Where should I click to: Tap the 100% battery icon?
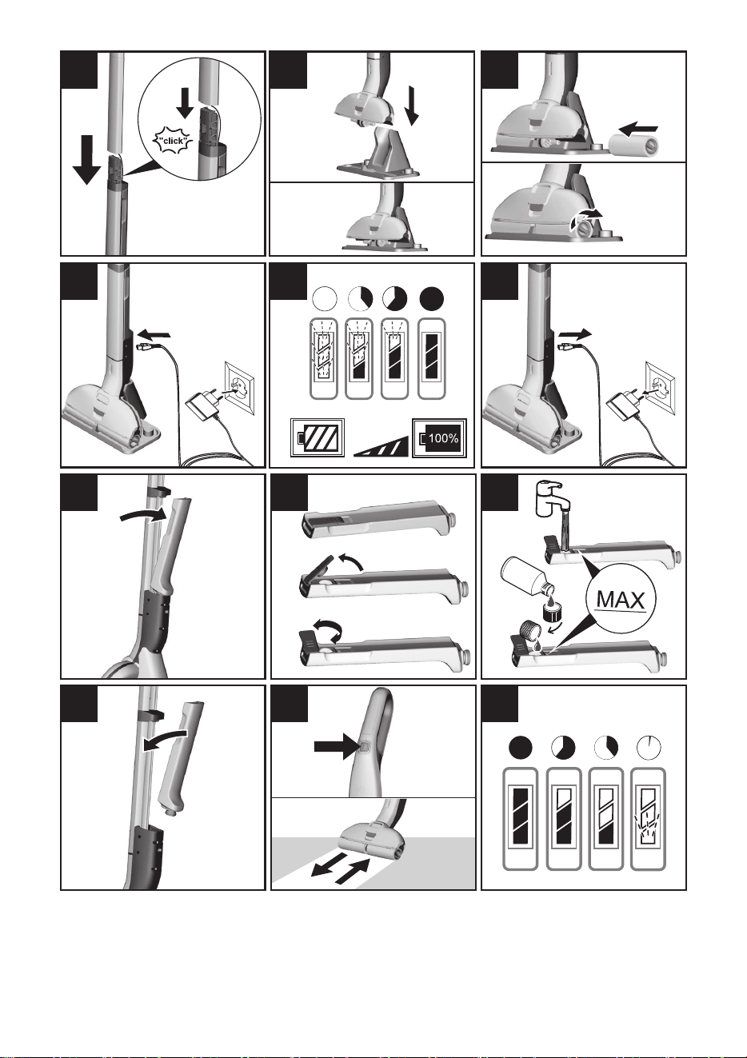(439, 438)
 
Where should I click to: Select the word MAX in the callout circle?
(621, 601)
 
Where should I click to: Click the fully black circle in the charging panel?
(432, 299)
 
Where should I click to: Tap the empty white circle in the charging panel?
(325, 299)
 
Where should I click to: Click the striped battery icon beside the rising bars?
(317, 438)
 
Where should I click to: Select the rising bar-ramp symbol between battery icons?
(381, 446)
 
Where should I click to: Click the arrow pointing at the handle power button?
(335, 746)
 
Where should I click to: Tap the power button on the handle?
(363, 746)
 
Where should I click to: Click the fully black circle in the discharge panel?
(521, 748)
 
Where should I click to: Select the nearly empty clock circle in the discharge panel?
(649, 748)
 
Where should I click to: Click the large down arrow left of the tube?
(87, 159)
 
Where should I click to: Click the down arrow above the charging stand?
(412, 106)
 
